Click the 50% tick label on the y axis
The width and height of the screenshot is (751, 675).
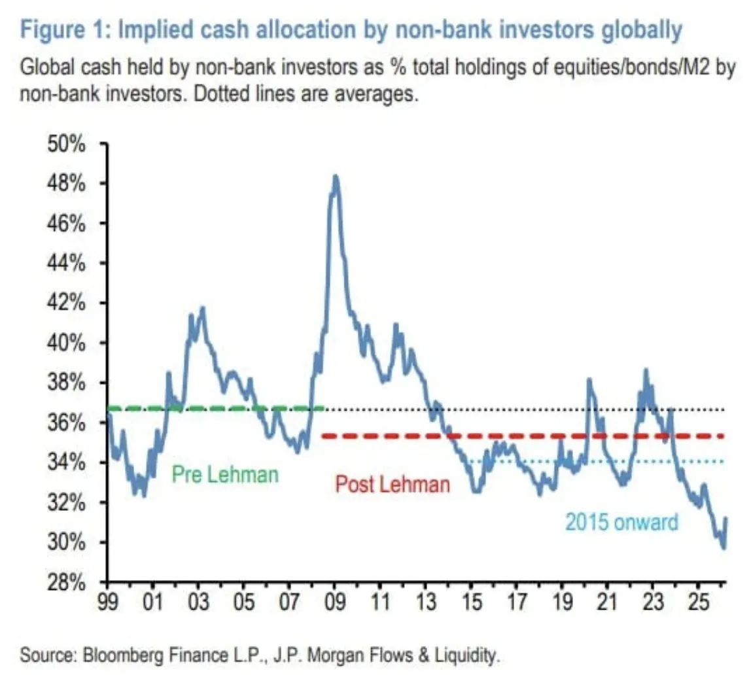(67, 144)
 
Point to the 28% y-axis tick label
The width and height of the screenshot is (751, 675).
(67, 583)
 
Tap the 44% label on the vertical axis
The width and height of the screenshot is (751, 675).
(67, 264)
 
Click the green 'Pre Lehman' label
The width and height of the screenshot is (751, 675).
(224, 474)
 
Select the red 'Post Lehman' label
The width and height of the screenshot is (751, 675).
(393, 485)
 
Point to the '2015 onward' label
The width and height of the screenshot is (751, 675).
(621, 522)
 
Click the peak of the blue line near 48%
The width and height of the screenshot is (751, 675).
(335, 177)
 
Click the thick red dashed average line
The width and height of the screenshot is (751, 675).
(523, 436)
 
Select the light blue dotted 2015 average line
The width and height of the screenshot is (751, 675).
(589, 462)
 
